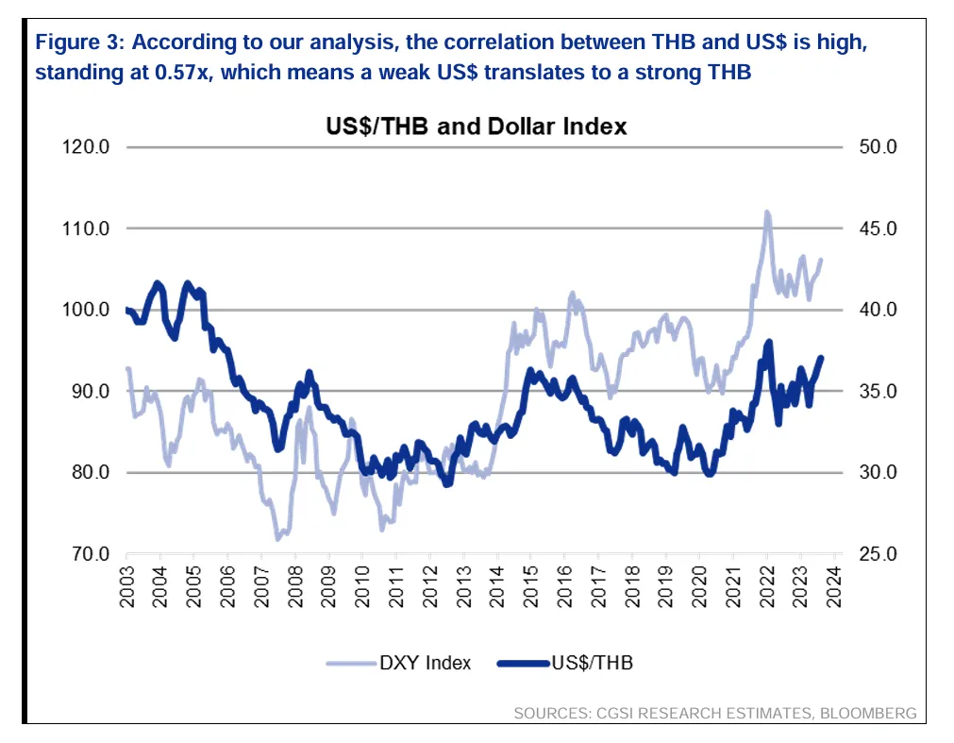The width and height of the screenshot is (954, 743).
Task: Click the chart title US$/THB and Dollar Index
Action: pos(469,125)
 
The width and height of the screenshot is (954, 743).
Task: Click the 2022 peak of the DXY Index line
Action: pos(766,212)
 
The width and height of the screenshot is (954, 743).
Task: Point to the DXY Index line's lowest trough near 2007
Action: pos(278,539)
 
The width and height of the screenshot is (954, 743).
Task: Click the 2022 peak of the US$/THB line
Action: pos(770,342)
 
